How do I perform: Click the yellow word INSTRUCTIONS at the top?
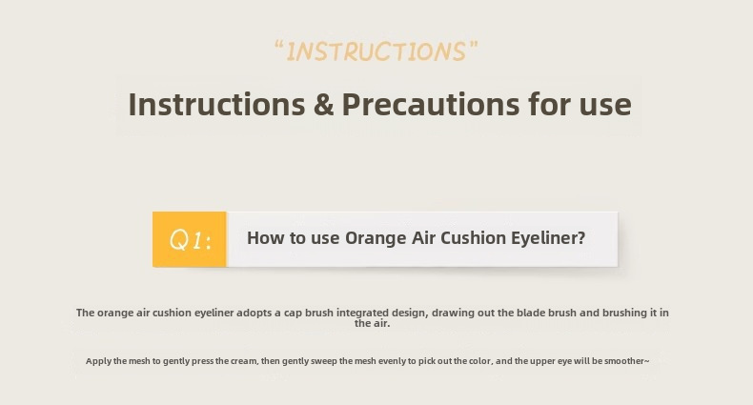376,51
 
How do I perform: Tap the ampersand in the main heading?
324,104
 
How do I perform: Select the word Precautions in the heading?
430,104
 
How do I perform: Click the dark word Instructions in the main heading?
216,104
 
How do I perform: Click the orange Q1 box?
190,239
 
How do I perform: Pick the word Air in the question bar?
423,238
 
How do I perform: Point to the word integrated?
362,313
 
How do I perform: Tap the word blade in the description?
531,313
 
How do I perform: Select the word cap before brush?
293,314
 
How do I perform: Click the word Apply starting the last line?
98,361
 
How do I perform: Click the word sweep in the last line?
324,361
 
